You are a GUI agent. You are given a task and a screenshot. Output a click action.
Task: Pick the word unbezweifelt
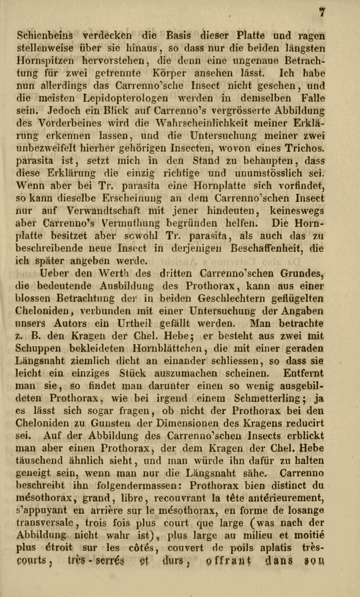pos(44,148)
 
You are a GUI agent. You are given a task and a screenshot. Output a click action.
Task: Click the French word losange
pos(303,511)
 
